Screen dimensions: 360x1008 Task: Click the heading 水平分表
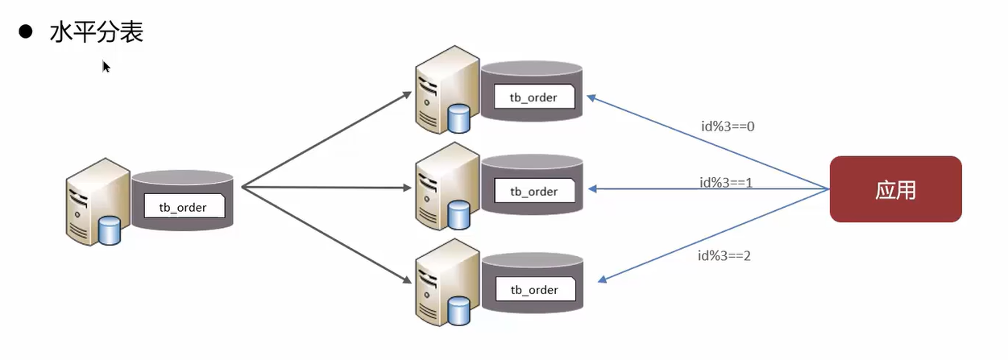tap(97, 32)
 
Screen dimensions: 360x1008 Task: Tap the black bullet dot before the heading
tap(26, 31)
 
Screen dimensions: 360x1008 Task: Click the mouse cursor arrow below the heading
tap(106, 67)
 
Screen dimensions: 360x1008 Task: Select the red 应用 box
tap(895, 189)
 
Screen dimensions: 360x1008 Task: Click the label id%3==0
tap(727, 126)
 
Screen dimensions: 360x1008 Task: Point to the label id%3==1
tap(727, 182)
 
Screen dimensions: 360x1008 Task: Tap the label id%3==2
tap(724, 255)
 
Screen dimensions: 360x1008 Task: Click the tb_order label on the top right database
tap(533, 97)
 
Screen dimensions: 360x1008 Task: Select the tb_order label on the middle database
tap(533, 192)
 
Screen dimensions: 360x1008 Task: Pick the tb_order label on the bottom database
tap(533, 289)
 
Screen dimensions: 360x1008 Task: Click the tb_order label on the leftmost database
tap(182, 207)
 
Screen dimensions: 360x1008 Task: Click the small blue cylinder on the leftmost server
tap(109, 230)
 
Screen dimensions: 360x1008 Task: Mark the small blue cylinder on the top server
tap(458, 119)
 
